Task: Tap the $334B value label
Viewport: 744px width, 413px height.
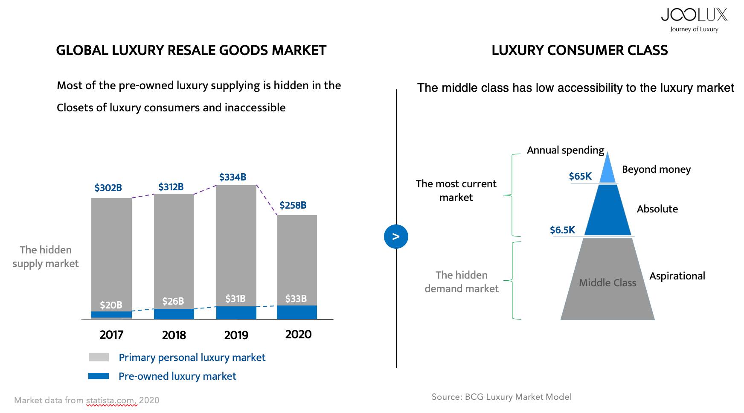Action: [232, 177]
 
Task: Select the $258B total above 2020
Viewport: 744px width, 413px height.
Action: [293, 205]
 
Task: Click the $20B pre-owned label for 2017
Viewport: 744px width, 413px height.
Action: [111, 305]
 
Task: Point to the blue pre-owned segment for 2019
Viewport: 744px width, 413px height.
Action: [236, 313]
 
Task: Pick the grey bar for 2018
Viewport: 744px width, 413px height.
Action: [174, 247]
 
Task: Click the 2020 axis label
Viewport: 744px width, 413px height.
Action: [298, 334]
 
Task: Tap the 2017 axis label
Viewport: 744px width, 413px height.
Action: [111, 335]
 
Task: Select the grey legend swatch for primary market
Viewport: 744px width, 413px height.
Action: [99, 358]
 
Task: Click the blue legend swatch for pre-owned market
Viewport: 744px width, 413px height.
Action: [99, 376]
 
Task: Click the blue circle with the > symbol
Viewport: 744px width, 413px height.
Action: [396, 236]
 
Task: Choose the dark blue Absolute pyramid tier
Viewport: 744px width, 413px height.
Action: [607, 211]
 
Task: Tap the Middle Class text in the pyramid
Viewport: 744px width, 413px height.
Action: [607, 283]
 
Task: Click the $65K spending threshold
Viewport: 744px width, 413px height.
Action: [580, 176]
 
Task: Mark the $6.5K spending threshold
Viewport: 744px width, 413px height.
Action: [562, 230]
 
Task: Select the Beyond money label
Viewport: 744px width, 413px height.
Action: [656, 169]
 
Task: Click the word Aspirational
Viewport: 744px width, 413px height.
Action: [677, 276]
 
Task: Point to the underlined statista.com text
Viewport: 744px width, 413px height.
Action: [111, 400]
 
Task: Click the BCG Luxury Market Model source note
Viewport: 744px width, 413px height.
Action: [501, 397]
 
